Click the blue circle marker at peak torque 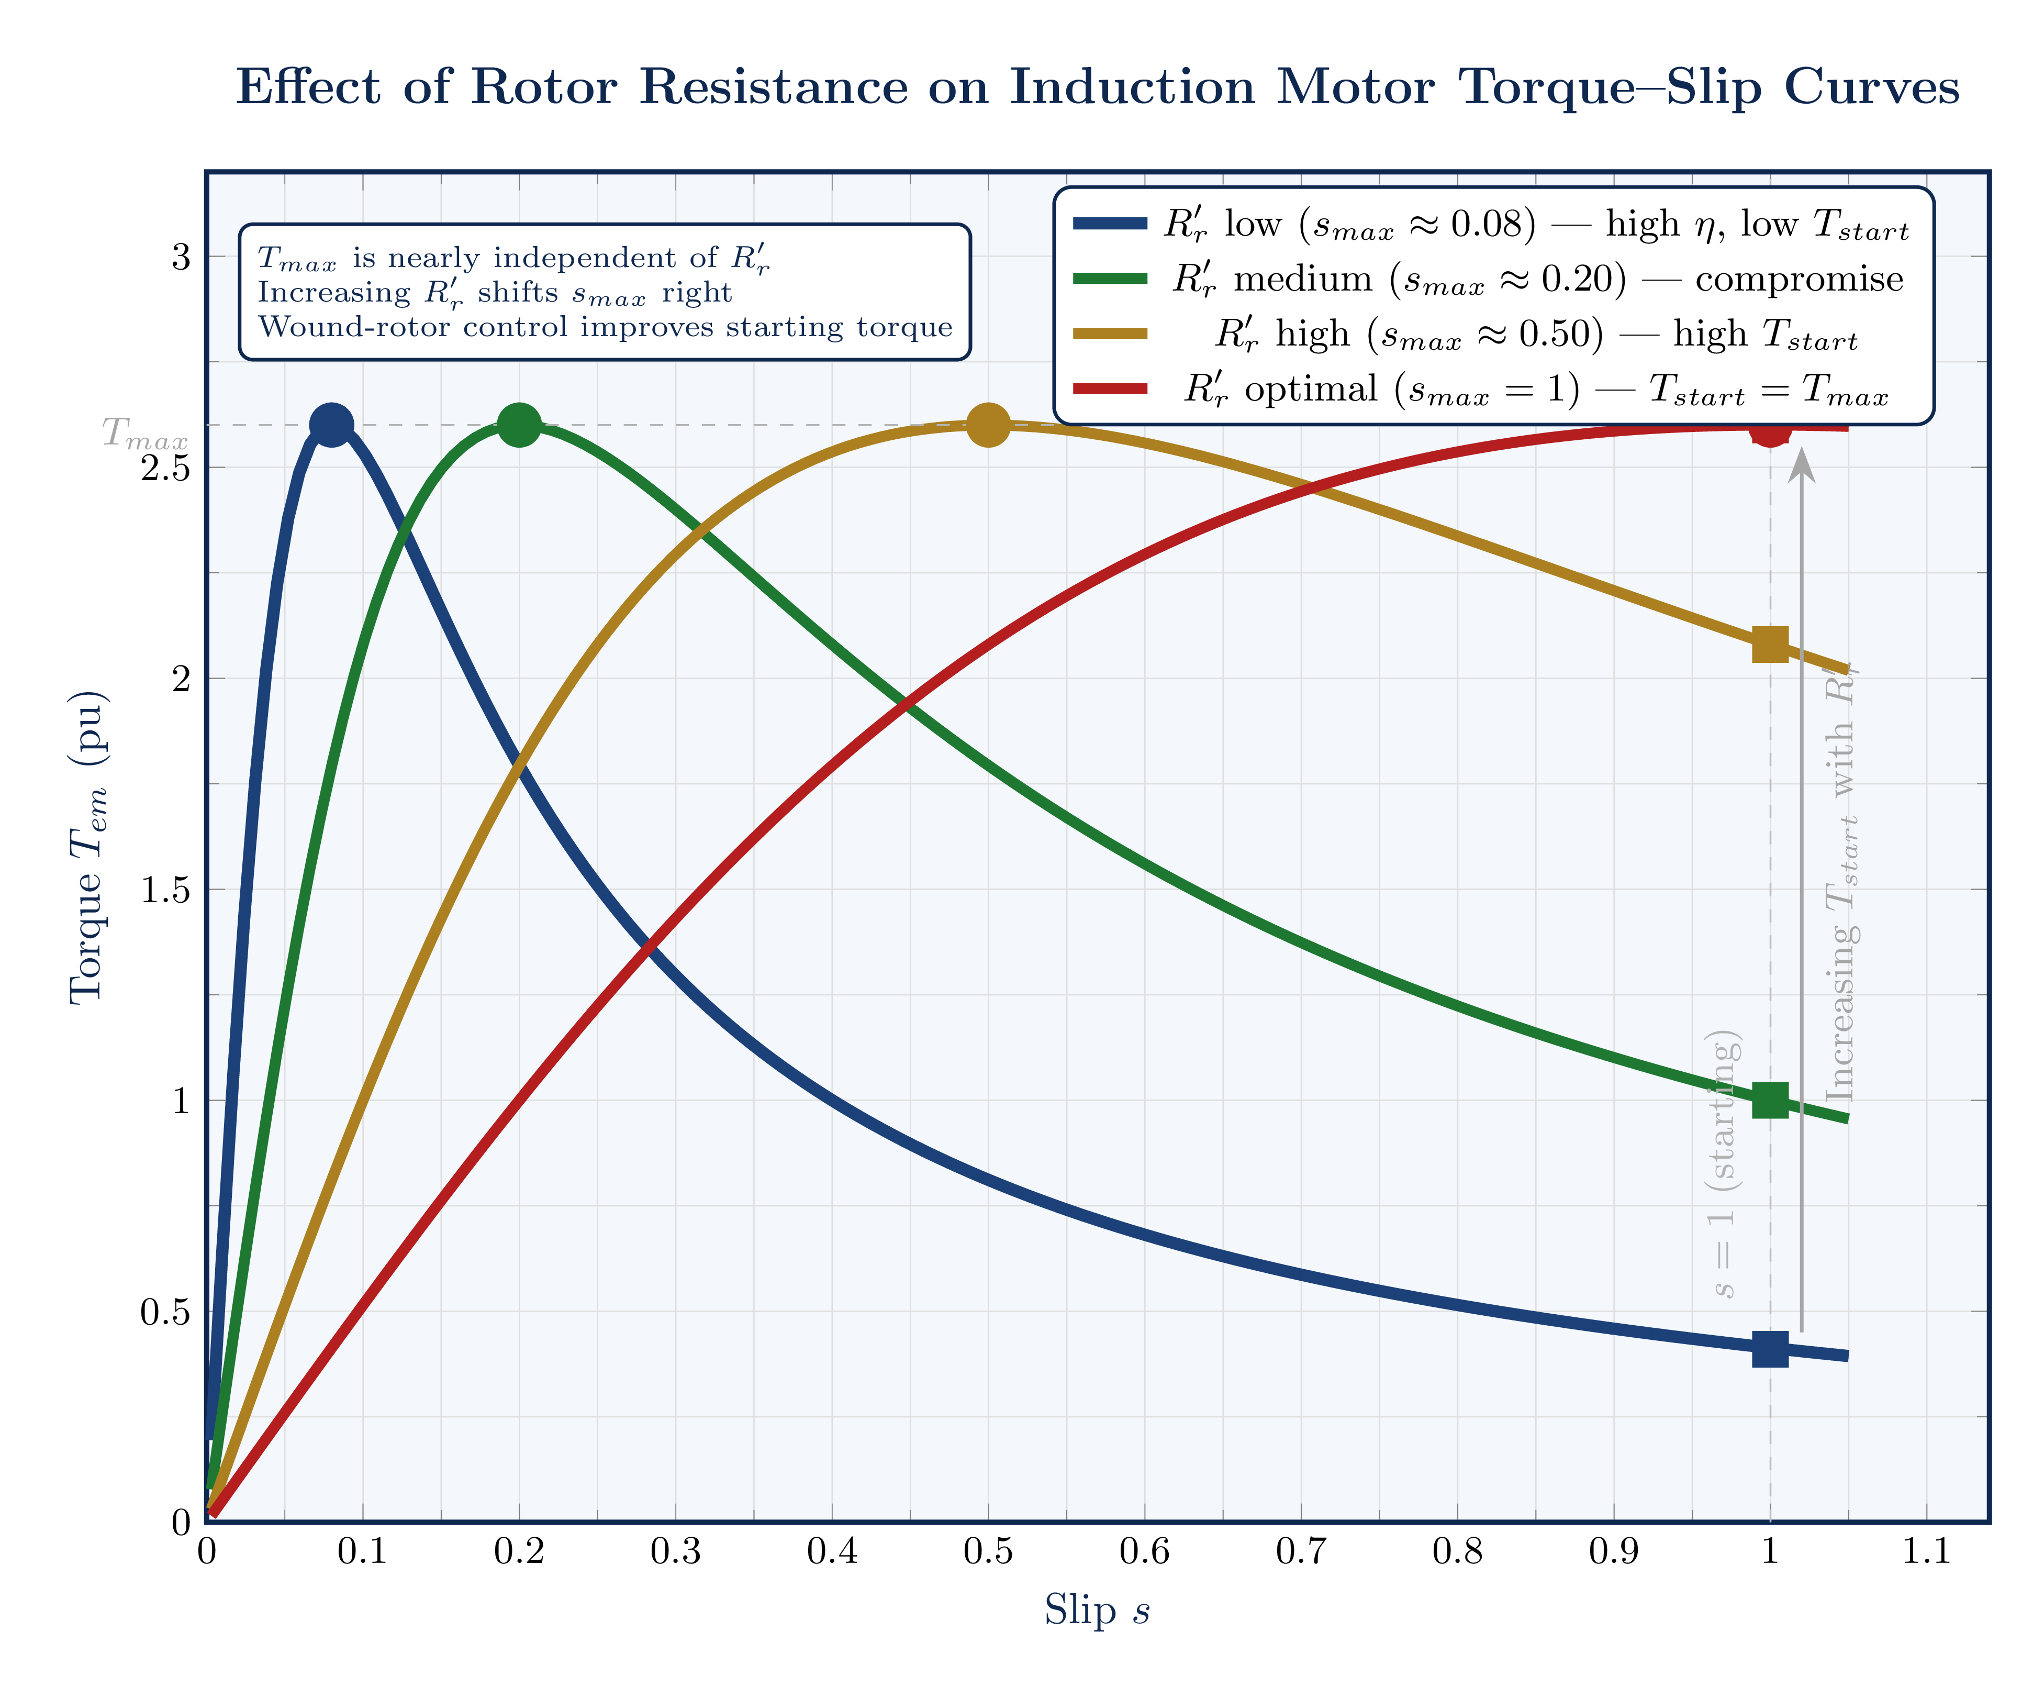point(331,425)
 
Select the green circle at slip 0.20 point(519,425)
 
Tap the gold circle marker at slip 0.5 point(988,425)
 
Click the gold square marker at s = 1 point(1770,645)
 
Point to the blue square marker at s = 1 point(1770,1349)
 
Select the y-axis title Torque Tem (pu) point(87,847)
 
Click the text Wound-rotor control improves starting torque point(605,327)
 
